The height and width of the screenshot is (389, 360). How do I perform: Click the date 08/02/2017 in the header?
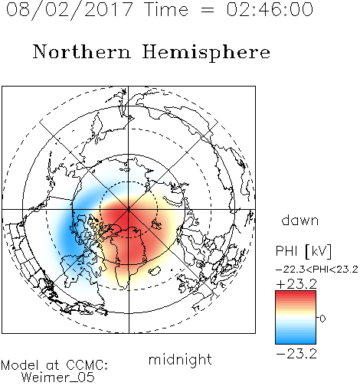(70, 10)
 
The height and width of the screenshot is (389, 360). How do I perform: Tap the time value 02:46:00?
(270, 9)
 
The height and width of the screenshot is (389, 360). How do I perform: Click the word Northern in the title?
(82, 51)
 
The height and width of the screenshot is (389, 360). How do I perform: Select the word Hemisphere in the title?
(206, 53)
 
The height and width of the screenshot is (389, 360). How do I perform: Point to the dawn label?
(300, 220)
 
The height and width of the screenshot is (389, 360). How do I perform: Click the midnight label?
(180, 360)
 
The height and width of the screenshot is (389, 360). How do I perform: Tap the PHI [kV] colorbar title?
(303, 251)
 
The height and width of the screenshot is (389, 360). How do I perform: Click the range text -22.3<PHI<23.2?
(317, 270)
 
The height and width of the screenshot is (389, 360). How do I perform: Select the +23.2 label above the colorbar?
(296, 284)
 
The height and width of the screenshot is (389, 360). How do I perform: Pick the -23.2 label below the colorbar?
(296, 354)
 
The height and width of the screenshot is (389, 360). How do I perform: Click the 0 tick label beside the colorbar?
(322, 319)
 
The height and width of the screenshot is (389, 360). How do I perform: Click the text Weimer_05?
(58, 378)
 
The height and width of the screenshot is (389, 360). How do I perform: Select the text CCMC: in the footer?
(87, 365)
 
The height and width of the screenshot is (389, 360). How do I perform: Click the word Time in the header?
(166, 10)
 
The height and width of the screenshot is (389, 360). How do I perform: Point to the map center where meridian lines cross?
(129, 210)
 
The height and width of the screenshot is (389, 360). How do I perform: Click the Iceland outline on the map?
(155, 270)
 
